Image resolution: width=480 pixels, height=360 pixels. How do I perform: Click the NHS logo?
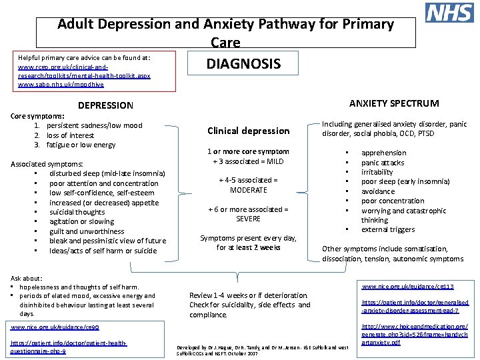pyautogui.click(x=449, y=13)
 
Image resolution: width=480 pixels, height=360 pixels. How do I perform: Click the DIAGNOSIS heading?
pyautogui.click(x=243, y=64)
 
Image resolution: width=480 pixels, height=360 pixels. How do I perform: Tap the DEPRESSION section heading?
pyautogui.click(x=105, y=105)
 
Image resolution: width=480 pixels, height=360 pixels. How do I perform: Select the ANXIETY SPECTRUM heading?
pyautogui.click(x=394, y=103)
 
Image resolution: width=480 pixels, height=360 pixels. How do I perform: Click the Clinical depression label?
pyautogui.click(x=249, y=131)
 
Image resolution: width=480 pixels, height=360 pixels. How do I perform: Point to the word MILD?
pyautogui.click(x=275, y=161)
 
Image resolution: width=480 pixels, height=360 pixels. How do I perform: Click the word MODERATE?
pyautogui.click(x=249, y=190)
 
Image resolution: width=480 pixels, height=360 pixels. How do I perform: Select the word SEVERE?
pyautogui.click(x=249, y=219)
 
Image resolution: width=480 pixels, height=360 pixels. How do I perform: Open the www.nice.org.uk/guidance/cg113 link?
pyautogui.click(x=407, y=287)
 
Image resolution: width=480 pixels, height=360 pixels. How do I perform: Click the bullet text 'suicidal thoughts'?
pyautogui.click(x=77, y=212)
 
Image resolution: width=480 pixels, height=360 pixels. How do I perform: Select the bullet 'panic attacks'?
pyautogui.click(x=383, y=163)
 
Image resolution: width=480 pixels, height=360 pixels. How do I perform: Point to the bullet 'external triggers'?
pyautogui.click(x=388, y=230)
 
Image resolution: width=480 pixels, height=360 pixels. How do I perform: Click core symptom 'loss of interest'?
pyautogui.click(x=71, y=135)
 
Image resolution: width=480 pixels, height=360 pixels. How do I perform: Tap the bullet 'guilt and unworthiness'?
pyautogui.click(x=87, y=231)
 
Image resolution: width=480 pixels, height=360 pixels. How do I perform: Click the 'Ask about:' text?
pyautogui.click(x=27, y=278)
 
